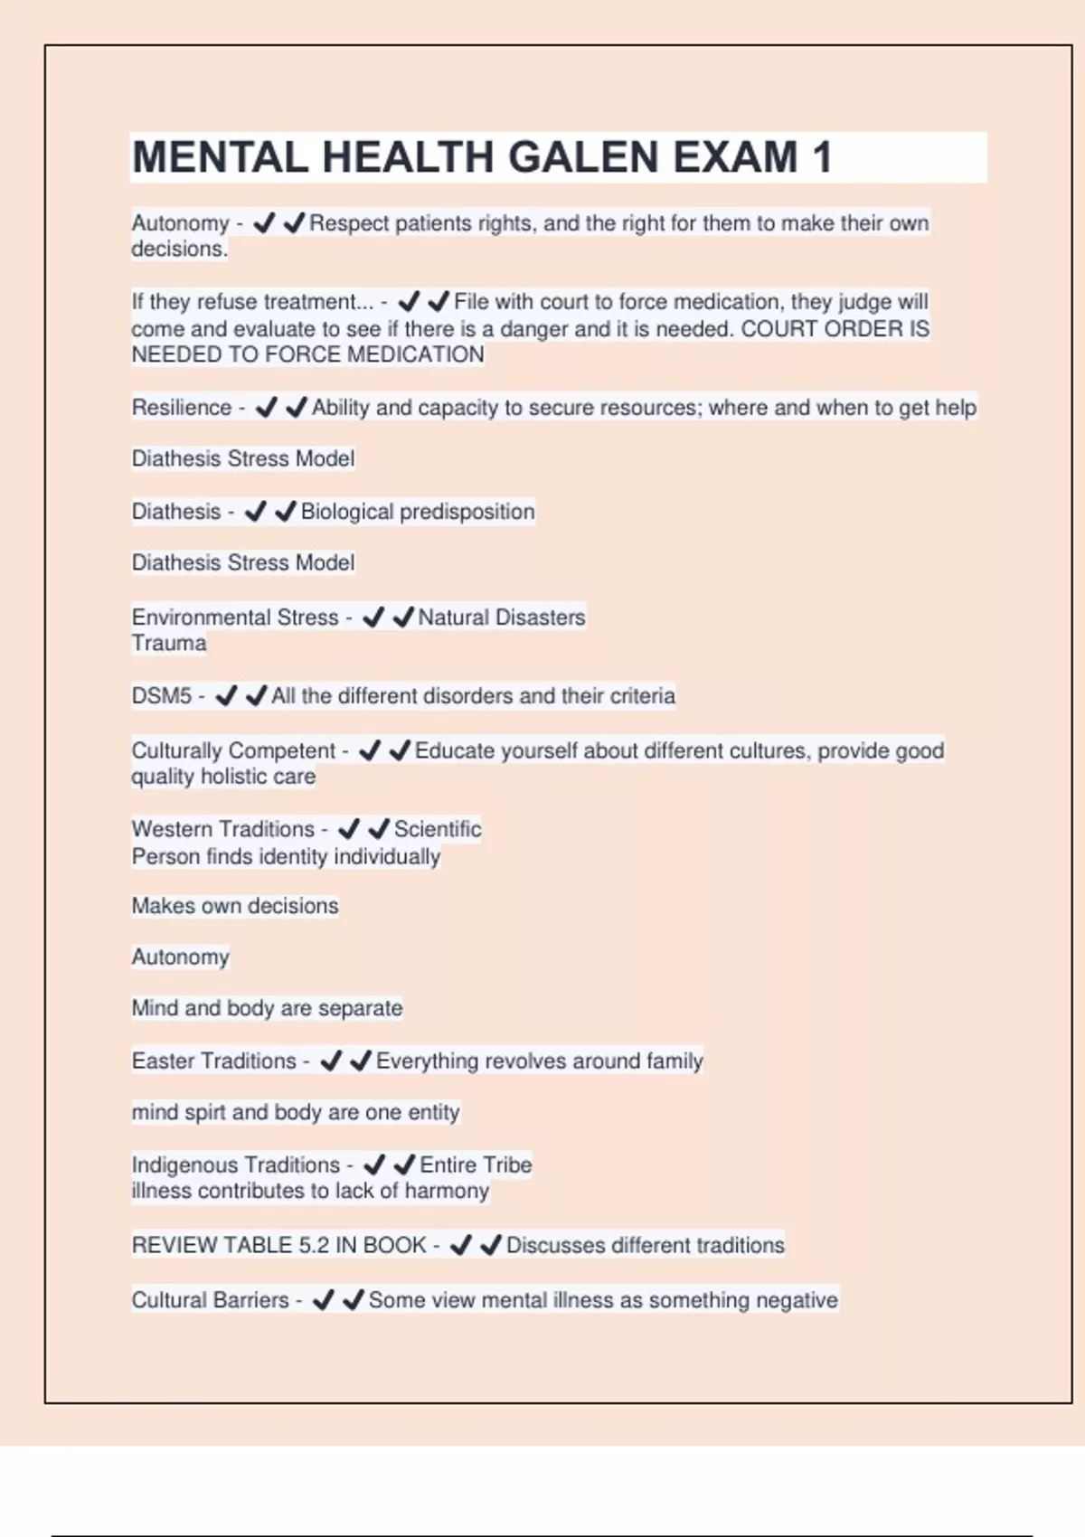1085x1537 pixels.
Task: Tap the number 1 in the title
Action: click(822, 157)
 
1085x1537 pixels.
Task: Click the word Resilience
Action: click(182, 408)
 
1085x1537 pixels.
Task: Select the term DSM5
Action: click(162, 696)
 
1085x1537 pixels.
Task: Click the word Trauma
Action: click(169, 644)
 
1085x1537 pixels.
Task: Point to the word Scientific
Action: click(438, 829)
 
